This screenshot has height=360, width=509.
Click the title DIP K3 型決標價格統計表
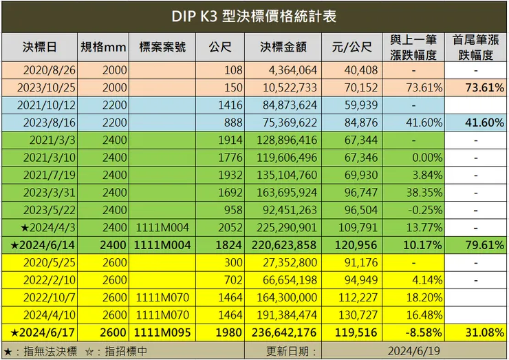254,17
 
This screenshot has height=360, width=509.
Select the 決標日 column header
39,47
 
